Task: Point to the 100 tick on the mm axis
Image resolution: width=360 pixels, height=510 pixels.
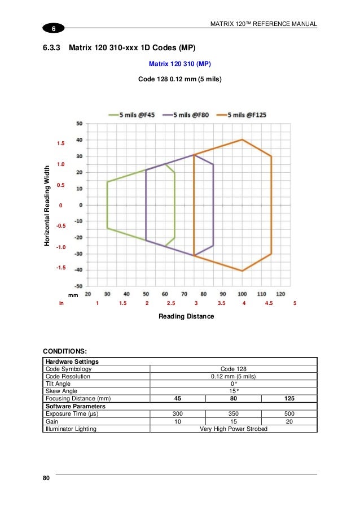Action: coord(242,294)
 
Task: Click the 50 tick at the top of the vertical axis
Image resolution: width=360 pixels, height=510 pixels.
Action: coord(80,123)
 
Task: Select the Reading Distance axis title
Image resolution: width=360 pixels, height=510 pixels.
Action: coord(186,316)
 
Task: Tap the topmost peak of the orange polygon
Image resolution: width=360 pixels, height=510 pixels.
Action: coord(242,140)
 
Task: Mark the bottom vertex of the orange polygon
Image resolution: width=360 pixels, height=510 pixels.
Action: coord(242,271)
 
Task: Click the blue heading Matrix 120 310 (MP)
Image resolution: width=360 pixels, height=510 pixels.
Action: coord(179,64)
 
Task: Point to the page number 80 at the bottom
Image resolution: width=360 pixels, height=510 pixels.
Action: coord(46,479)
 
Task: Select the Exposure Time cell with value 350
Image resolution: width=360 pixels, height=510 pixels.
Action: coord(234,413)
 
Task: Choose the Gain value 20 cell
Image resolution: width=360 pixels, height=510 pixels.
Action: coord(289,421)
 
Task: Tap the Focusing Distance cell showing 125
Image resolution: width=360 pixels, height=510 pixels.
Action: coord(289,398)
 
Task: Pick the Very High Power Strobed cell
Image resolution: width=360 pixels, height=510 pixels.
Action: coord(234,429)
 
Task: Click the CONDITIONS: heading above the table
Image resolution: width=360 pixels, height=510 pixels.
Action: coord(65,351)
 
